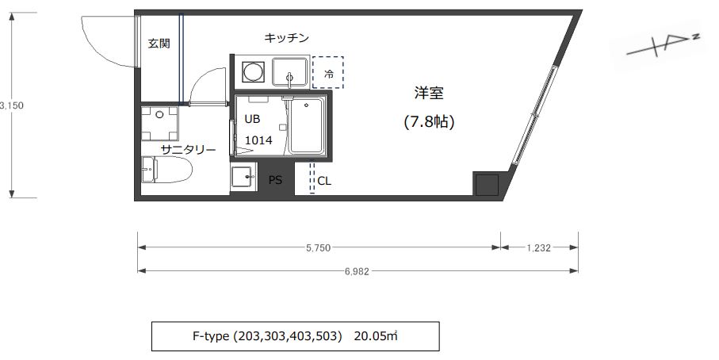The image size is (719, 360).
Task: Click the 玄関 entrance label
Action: (x=159, y=44)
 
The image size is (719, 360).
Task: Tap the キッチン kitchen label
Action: (x=286, y=37)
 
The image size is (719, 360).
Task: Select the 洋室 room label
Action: (x=428, y=93)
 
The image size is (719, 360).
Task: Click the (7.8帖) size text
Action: (x=429, y=122)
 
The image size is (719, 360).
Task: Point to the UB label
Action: (x=252, y=120)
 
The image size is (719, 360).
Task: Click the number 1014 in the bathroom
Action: (x=258, y=140)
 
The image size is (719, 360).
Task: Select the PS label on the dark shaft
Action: (x=275, y=180)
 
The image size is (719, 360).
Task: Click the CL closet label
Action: (x=324, y=181)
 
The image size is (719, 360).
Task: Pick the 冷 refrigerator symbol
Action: (x=328, y=74)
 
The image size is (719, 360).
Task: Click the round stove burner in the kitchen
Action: (x=253, y=72)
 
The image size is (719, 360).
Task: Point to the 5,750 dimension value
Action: (x=318, y=247)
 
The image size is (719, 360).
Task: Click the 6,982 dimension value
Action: (x=358, y=271)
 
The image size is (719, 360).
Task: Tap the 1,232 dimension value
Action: (x=539, y=247)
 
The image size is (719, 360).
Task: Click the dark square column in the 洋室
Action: (x=487, y=185)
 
